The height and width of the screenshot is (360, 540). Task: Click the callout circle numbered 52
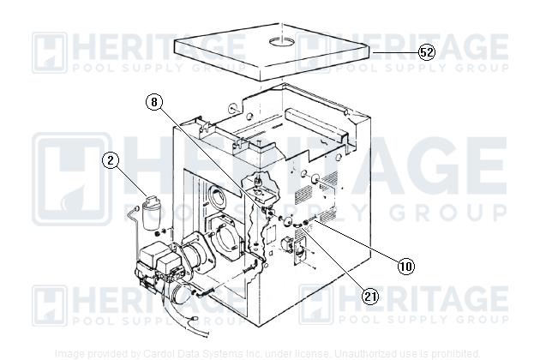[426, 51]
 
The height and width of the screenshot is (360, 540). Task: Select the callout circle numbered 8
[153, 101]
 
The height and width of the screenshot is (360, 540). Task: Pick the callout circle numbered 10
[405, 266]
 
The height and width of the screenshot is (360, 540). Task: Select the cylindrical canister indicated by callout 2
[153, 212]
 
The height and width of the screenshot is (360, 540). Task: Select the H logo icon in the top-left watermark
[50, 51]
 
